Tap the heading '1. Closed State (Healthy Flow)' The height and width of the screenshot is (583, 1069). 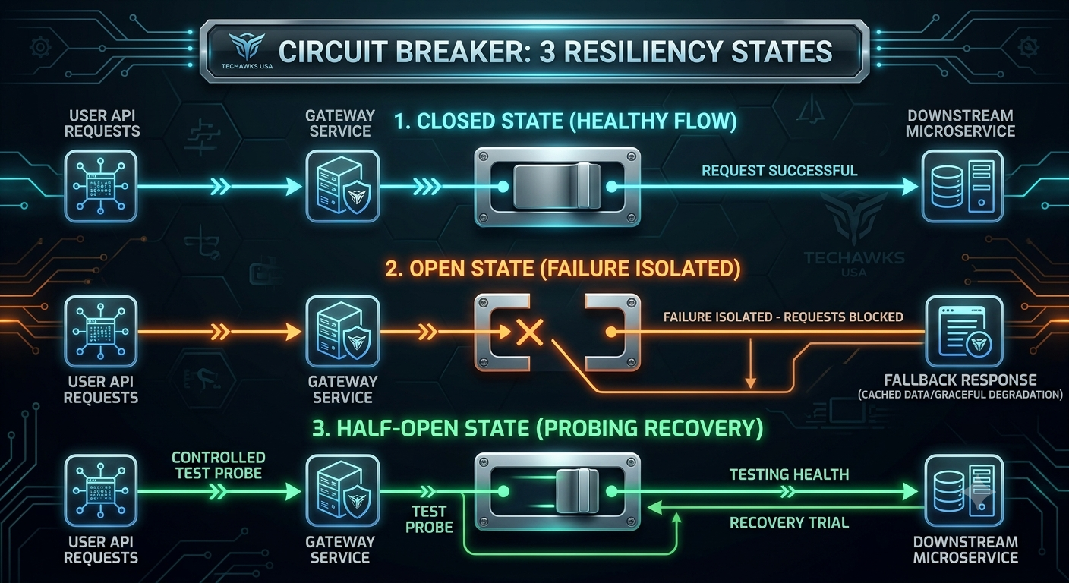(566, 121)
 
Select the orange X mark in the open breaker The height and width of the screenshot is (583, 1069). (530, 332)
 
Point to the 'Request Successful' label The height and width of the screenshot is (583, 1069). (779, 171)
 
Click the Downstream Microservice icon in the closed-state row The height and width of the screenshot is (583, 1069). (962, 186)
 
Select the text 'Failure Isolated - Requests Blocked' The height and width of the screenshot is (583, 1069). (783, 317)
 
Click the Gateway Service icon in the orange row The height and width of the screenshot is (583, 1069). (342, 332)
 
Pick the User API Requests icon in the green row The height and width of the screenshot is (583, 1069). (101, 490)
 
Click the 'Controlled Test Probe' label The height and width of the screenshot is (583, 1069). (219, 465)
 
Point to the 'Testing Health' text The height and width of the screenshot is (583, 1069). (790, 474)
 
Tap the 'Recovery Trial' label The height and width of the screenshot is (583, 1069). (790, 523)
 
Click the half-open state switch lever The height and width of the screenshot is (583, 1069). (578, 491)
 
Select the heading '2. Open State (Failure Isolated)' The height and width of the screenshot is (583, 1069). (563, 269)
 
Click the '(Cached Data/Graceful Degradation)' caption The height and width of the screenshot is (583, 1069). (960, 395)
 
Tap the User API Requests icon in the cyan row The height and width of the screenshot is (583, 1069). (101, 186)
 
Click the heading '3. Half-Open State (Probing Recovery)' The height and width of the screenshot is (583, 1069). (538, 428)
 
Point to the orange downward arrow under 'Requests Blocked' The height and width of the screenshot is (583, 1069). (751, 363)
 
